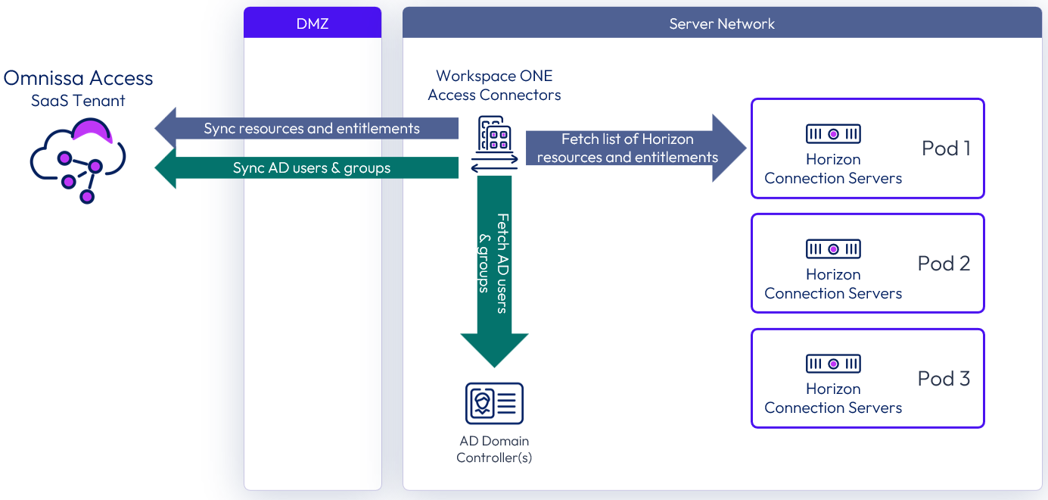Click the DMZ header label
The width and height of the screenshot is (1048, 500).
[x=313, y=23]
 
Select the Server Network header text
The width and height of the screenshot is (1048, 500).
[x=722, y=23]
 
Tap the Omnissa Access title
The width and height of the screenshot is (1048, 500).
[x=78, y=78]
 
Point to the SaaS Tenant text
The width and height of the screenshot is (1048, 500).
[x=78, y=101]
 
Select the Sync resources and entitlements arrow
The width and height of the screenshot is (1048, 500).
[x=311, y=129]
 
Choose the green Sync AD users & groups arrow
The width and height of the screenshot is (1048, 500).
[x=311, y=167]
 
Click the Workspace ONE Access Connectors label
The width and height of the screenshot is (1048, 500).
[x=494, y=86]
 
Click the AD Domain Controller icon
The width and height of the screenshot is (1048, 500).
[x=494, y=403]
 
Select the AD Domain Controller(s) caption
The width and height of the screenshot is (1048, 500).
[x=494, y=449]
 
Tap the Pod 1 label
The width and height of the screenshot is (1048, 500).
[x=946, y=148]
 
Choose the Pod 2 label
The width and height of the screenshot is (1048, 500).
[x=944, y=264]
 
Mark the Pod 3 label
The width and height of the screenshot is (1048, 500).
[x=944, y=379]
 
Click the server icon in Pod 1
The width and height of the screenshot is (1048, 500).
[x=833, y=134]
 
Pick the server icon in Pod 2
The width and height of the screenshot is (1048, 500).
[x=833, y=249]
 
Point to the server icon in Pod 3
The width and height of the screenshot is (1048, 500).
[x=833, y=364]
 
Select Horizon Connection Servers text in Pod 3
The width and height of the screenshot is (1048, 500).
[x=833, y=398]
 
